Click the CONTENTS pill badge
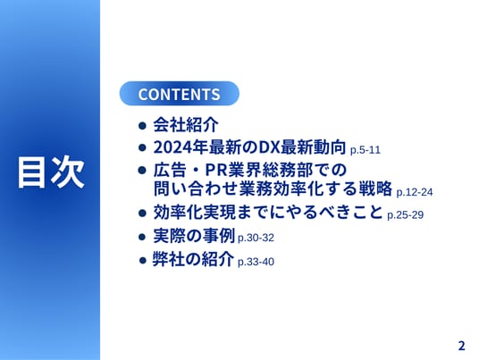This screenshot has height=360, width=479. (x=180, y=94)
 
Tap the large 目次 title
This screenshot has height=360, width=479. (x=51, y=172)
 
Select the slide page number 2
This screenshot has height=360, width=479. (x=462, y=346)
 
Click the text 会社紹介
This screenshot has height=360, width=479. (x=186, y=124)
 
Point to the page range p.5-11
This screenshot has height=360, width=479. (x=366, y=150)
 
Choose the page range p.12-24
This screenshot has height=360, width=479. (x=415, y=192)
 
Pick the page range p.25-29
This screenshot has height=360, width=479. (x=406, y=215)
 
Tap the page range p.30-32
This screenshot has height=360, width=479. (x=256, y=238)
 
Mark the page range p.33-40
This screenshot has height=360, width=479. (x=256, y=262)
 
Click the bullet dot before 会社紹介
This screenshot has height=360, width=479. (x=142, y=125)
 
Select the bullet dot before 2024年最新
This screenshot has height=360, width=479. (x=142, y=147)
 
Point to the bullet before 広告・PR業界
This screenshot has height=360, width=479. (x=142, y=170)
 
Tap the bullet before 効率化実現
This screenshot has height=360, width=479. (x=142, y=213)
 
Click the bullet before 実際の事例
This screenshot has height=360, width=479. (x=142, y=237)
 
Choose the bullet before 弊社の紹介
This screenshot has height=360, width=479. (x=143, y=261)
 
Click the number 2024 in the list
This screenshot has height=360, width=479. (x=172, y=147)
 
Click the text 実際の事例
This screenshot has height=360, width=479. (x=194, y=236)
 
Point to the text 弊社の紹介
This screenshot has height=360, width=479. (x=193, y=259)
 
